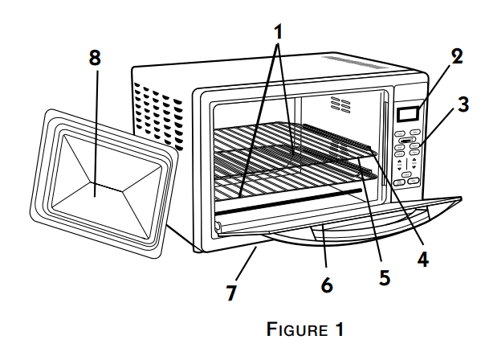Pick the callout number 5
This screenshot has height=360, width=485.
pos(384,276)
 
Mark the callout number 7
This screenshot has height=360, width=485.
pos(232,292)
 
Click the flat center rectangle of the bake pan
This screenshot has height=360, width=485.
pos(96,190)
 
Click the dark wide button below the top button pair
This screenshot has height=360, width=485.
pos(408,141)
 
